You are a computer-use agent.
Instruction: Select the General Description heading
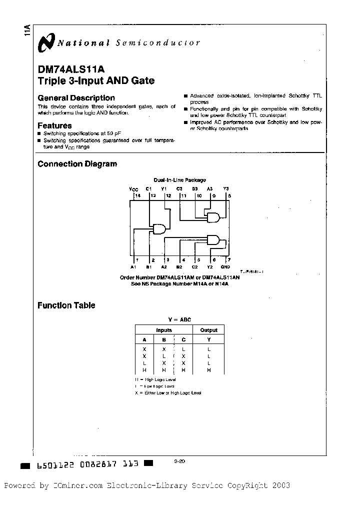(x=76, y=98)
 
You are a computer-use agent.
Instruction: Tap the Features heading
(x=54, y=125)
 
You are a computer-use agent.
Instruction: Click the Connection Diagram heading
(x=77, y=164)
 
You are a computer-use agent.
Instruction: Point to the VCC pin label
(x=133, y=189)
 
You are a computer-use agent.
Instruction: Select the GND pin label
(x=225, y=267)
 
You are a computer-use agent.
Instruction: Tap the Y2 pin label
(x=210, y=267)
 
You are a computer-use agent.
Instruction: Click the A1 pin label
(x=133, y=267)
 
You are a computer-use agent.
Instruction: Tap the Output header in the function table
(x=208, y=330)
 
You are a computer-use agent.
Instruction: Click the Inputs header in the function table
(x=164, y=330)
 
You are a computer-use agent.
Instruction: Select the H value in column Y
(x=208, y=370)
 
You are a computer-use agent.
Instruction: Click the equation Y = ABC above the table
(x=179, y=319)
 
